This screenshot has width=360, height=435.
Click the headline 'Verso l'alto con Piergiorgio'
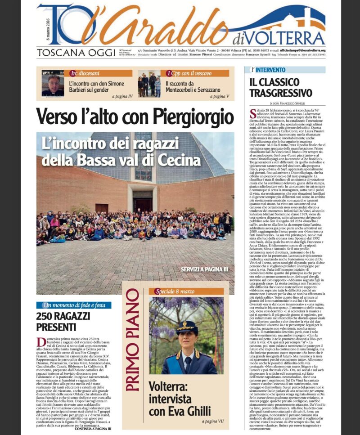[135, 117]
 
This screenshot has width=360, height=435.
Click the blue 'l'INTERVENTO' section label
[268, 70]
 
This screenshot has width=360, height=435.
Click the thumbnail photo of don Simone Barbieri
[53, 83]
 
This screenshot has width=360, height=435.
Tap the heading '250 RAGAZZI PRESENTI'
[63, 322]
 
